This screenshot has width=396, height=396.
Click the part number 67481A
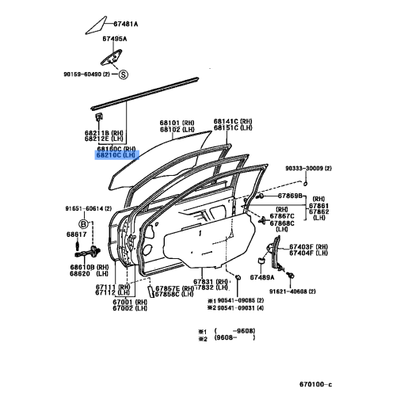122,25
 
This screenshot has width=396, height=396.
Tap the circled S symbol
123,75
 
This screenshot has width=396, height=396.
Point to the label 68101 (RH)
177,123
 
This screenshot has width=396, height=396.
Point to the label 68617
76,235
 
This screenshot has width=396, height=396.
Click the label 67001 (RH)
126,302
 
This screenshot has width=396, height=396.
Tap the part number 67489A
262,277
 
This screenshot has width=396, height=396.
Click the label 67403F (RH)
310,247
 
